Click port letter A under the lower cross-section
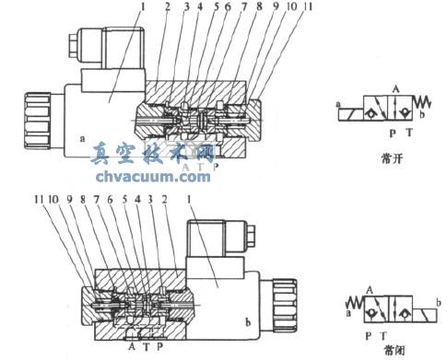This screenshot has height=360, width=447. pyautogui.click(x=132, y=348)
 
